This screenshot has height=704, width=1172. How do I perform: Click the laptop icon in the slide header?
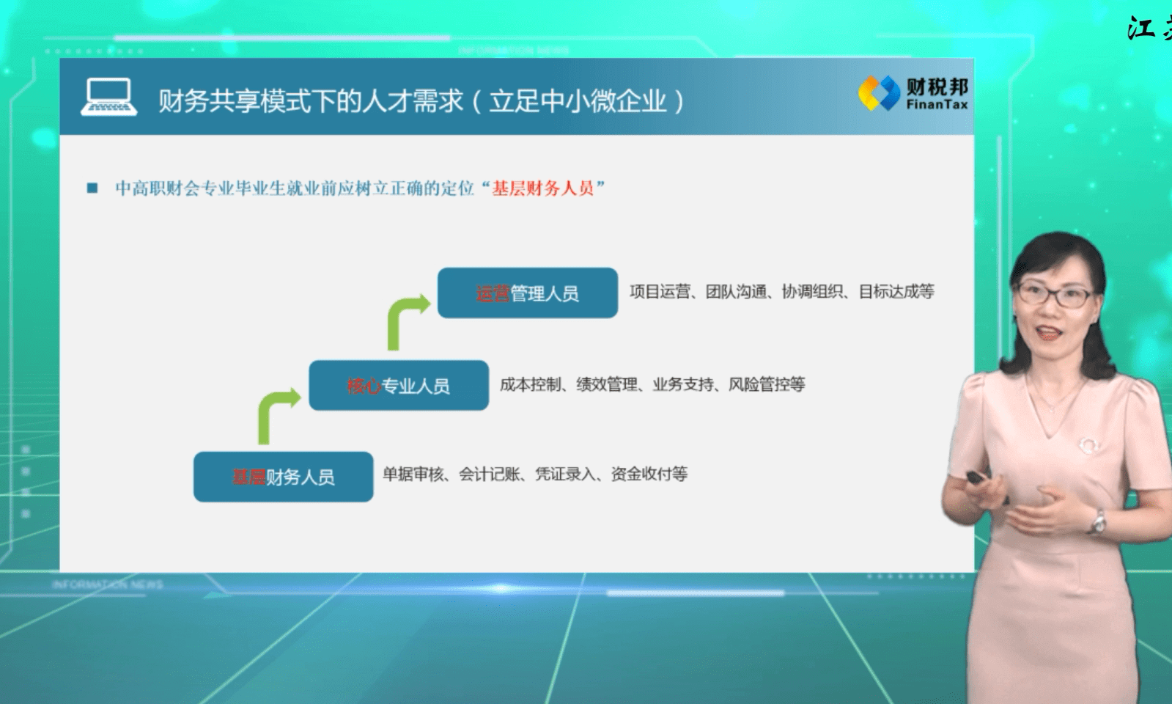(x=108, y=97)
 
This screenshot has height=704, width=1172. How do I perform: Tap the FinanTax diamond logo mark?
(x=879, y=93)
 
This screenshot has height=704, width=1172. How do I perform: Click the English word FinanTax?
(x=937, y=105)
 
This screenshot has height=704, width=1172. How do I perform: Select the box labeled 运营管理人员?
(x=528, y=293)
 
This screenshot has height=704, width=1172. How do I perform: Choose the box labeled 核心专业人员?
(x=399, y=385)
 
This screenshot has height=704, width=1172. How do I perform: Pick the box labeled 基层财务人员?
(x=283, y=477)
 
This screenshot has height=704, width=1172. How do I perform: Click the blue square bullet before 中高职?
(x=92, y=188)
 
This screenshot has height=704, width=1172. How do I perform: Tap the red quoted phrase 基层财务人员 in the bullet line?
(x=542, y=188)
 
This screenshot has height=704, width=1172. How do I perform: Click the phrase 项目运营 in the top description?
(x=660, y=292)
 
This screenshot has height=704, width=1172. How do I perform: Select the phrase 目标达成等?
(x=896, y=292)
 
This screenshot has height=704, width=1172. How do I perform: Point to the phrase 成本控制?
(x=530, y=385)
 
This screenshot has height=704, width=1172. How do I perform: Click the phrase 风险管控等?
(x=767, y=385)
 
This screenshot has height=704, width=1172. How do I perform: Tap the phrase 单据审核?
(x=413, y=474)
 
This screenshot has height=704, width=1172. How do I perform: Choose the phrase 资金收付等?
(x=649, y=474)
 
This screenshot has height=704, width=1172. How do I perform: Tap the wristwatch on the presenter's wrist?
(x=1098, y=522)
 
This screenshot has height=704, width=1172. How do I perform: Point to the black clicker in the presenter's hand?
(x=976, y=478)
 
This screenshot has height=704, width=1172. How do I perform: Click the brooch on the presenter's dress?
(x=1088, y=446)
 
